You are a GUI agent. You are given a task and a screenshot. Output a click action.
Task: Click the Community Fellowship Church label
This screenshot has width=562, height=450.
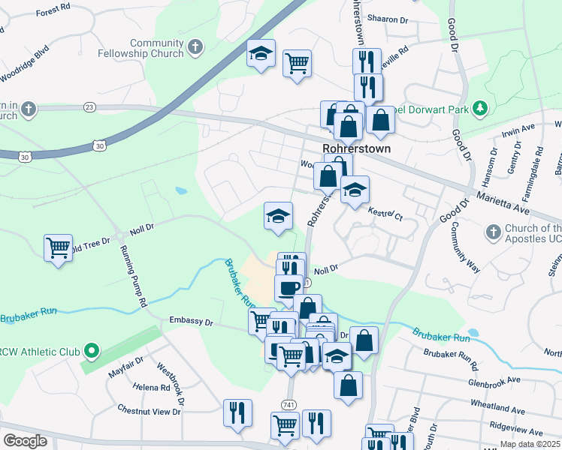pyautogui.click(x=140, y=48)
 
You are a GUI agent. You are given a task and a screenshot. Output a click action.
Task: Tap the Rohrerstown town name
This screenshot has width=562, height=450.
pyautogui.click(x=356, y=148)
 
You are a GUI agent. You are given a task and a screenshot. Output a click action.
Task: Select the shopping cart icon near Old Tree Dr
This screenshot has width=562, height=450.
pyautogui.click(x=58, y=247)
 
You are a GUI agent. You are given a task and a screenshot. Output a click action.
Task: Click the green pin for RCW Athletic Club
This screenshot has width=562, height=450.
pyautogui.click(x=91, y=350)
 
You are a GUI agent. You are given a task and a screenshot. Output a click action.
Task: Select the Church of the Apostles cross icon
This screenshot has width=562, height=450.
pyautogui.click(x=493, y=232)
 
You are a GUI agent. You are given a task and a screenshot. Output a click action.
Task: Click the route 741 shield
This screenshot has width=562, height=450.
pyautogui.click(x=289, y=404)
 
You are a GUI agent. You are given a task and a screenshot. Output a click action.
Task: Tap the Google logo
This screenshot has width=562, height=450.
pyautogui.click(x=25, y=440)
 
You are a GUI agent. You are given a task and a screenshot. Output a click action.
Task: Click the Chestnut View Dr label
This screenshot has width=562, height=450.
pyautogui.click(x=150, y=410)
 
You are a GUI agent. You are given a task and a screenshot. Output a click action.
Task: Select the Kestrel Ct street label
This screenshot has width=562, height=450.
pyautogui.click(x=385, y=214)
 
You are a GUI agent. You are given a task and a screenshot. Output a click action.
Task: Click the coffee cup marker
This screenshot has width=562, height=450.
pyautogui.click(x=289, y=287)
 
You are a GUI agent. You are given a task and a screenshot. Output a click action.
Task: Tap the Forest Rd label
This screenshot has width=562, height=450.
pyautogui.click(x=53, y=12)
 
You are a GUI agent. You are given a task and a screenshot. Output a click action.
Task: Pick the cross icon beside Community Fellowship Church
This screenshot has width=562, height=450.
pyautogui.click(x=195, y=48)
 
